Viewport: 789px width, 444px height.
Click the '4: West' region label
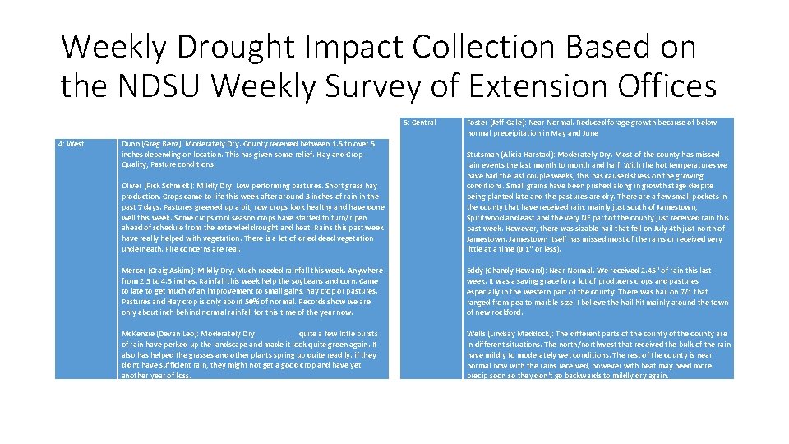(71, 144)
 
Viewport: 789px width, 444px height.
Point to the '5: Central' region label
(419, 123)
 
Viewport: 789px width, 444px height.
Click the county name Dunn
(131, 144)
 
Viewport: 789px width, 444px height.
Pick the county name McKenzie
(139, 334)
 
